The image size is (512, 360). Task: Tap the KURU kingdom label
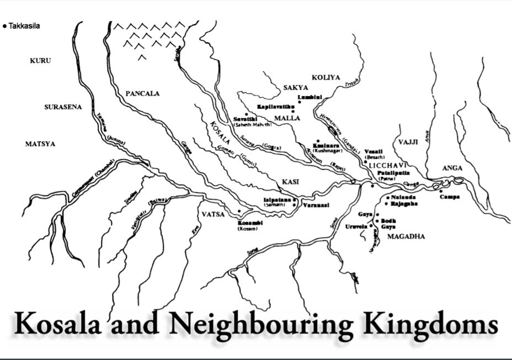(x=40, y=61)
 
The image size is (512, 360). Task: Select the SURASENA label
(x=63, y=107)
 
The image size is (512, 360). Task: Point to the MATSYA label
(x=40, y=144)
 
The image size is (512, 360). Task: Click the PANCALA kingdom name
(x=142, y=94)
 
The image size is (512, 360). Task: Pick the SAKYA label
(x=296, y=88)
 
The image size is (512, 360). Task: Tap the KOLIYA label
(x=326, y=78)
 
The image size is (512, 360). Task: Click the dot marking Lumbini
(x=299, y=102)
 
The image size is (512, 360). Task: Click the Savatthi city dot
(x=246, y=115)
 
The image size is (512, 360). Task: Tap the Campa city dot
(x=441, y=191)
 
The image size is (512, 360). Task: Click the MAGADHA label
(x=406, y=237)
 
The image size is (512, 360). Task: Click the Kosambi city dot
(x=239, y=211)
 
